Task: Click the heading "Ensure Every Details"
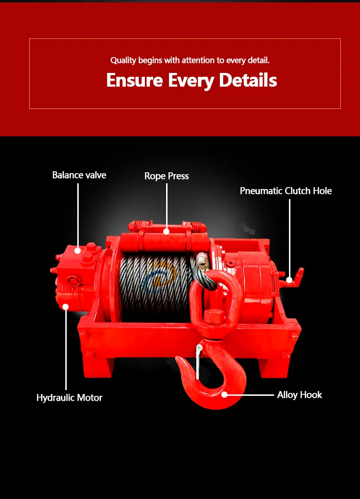point(192,80)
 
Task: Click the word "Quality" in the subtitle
point(123,60)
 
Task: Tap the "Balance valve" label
point(79,175)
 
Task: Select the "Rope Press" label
point(167,176)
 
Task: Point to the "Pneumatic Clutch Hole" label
point(286,191)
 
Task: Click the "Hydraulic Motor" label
point(70,398)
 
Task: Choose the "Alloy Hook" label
point(300,395)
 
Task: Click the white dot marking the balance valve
point(78,250)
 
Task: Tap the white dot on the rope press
point(167,231)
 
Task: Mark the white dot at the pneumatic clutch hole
point(289,280)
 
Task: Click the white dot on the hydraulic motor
point(66,306)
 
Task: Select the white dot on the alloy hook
point(225,395)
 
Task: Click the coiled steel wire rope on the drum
point(154,288)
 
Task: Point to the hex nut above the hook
point(212,317)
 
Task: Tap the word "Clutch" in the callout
point(298,191)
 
